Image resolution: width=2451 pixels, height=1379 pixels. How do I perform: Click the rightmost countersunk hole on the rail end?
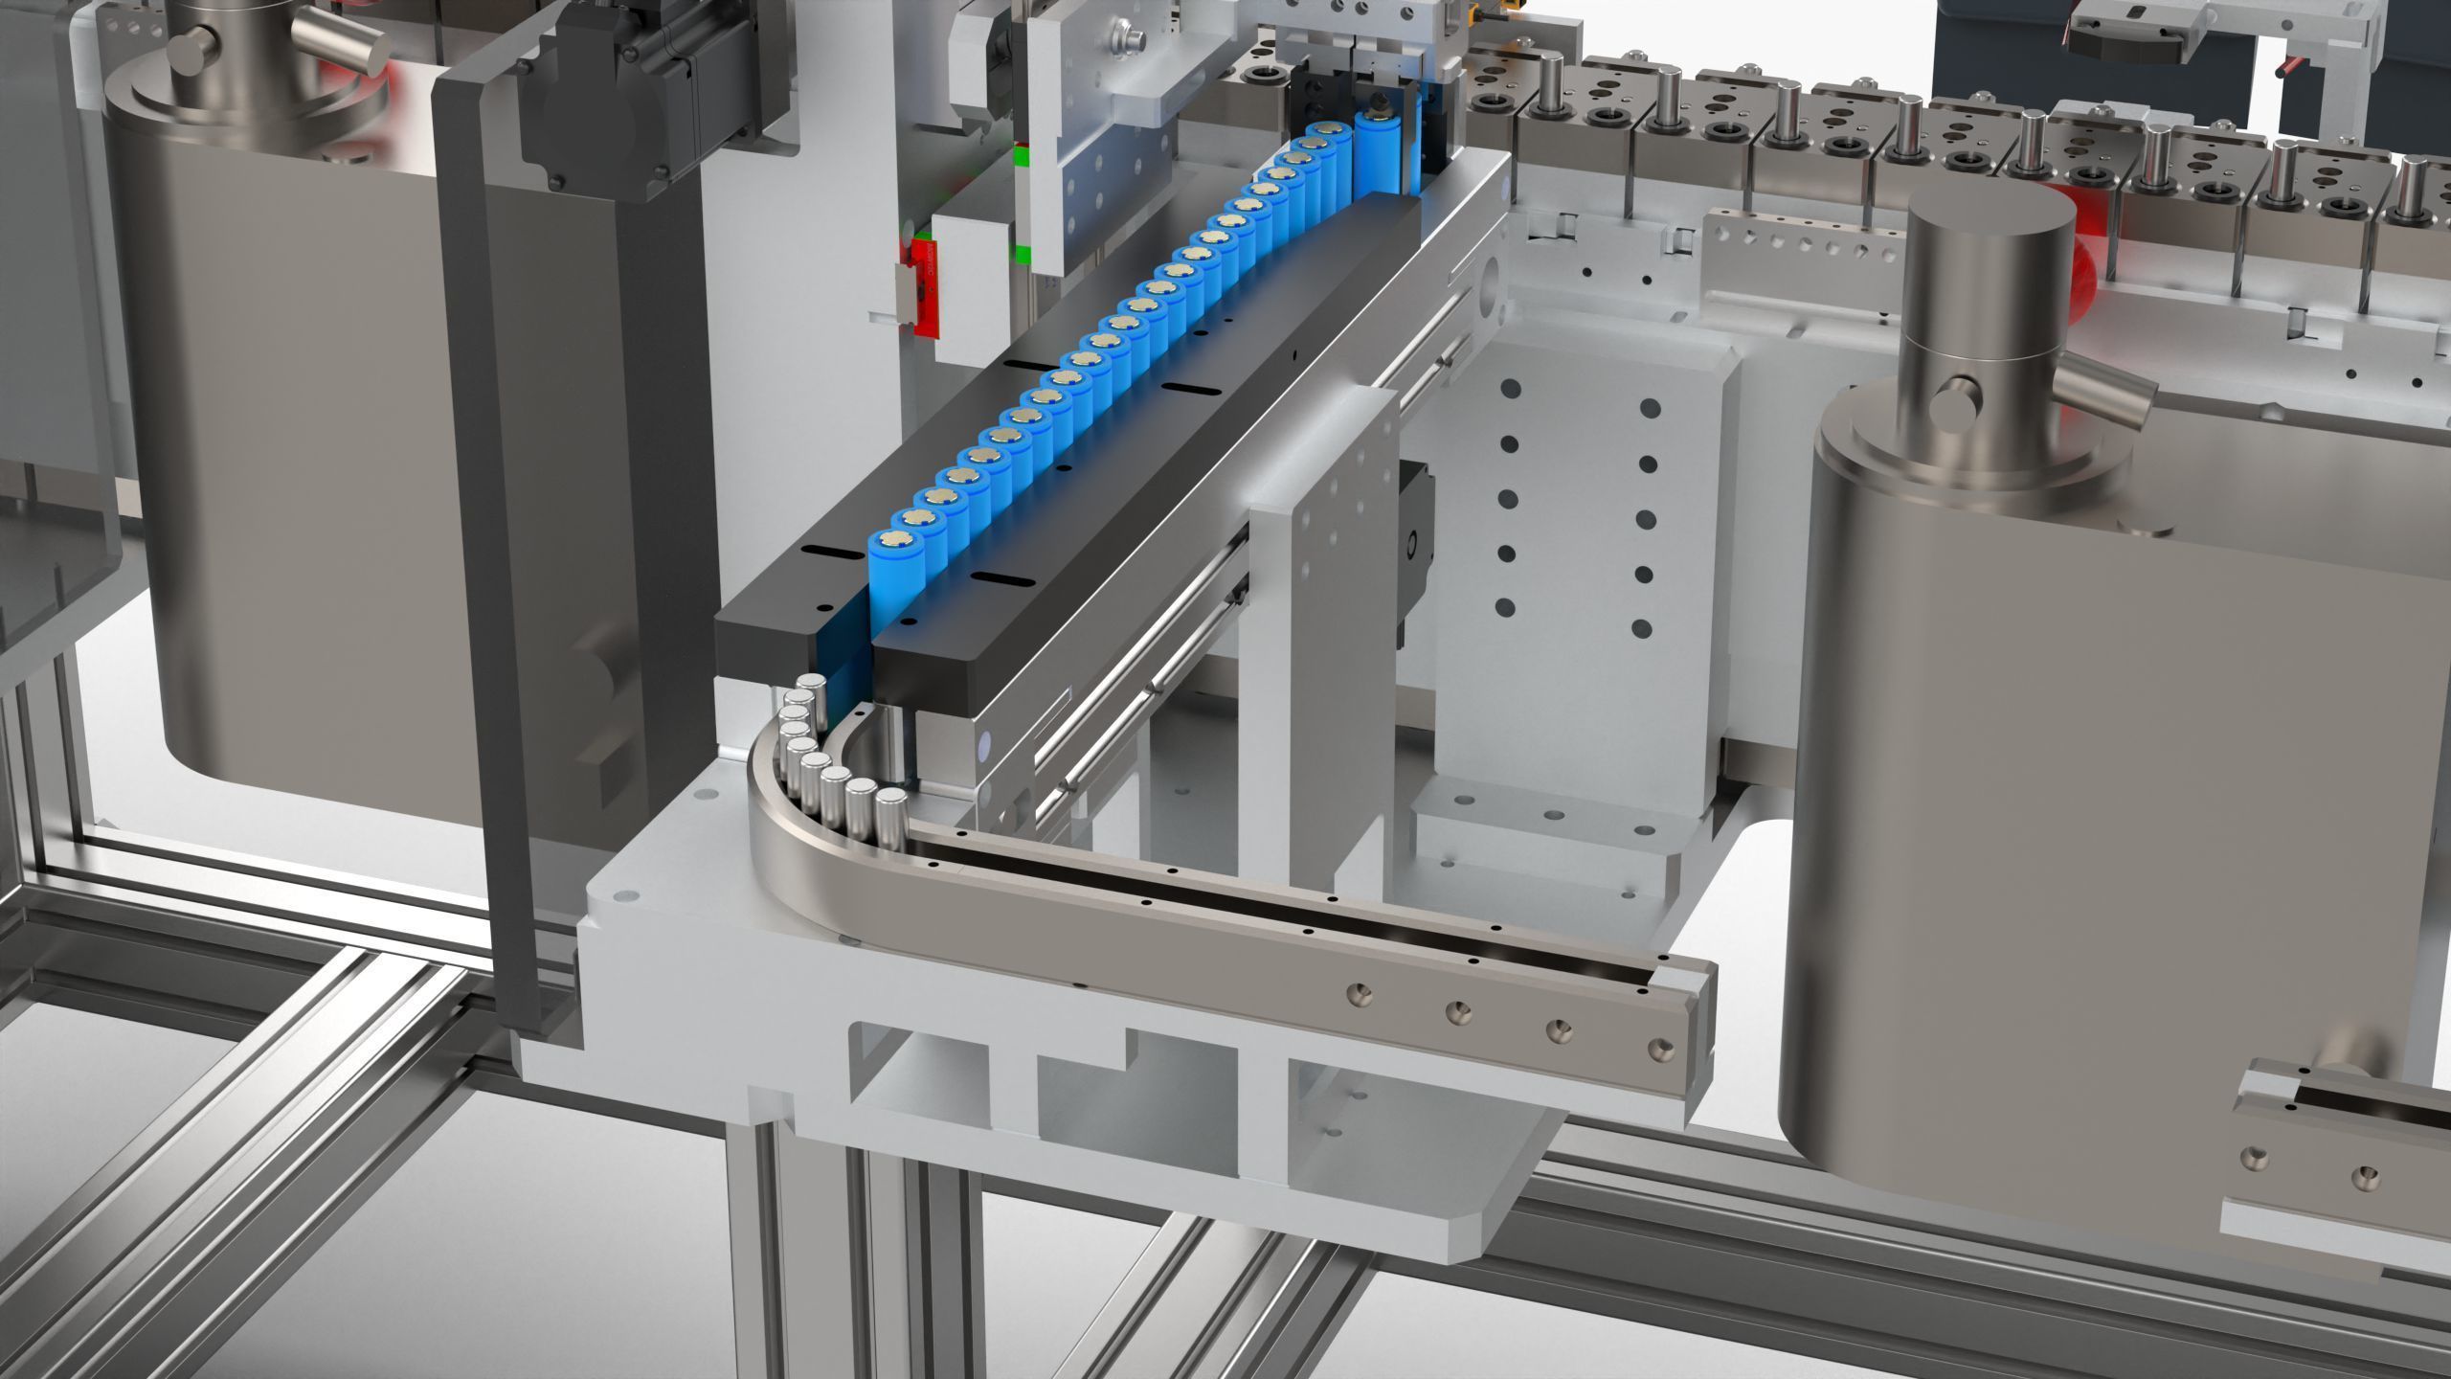[1662, 1051]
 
